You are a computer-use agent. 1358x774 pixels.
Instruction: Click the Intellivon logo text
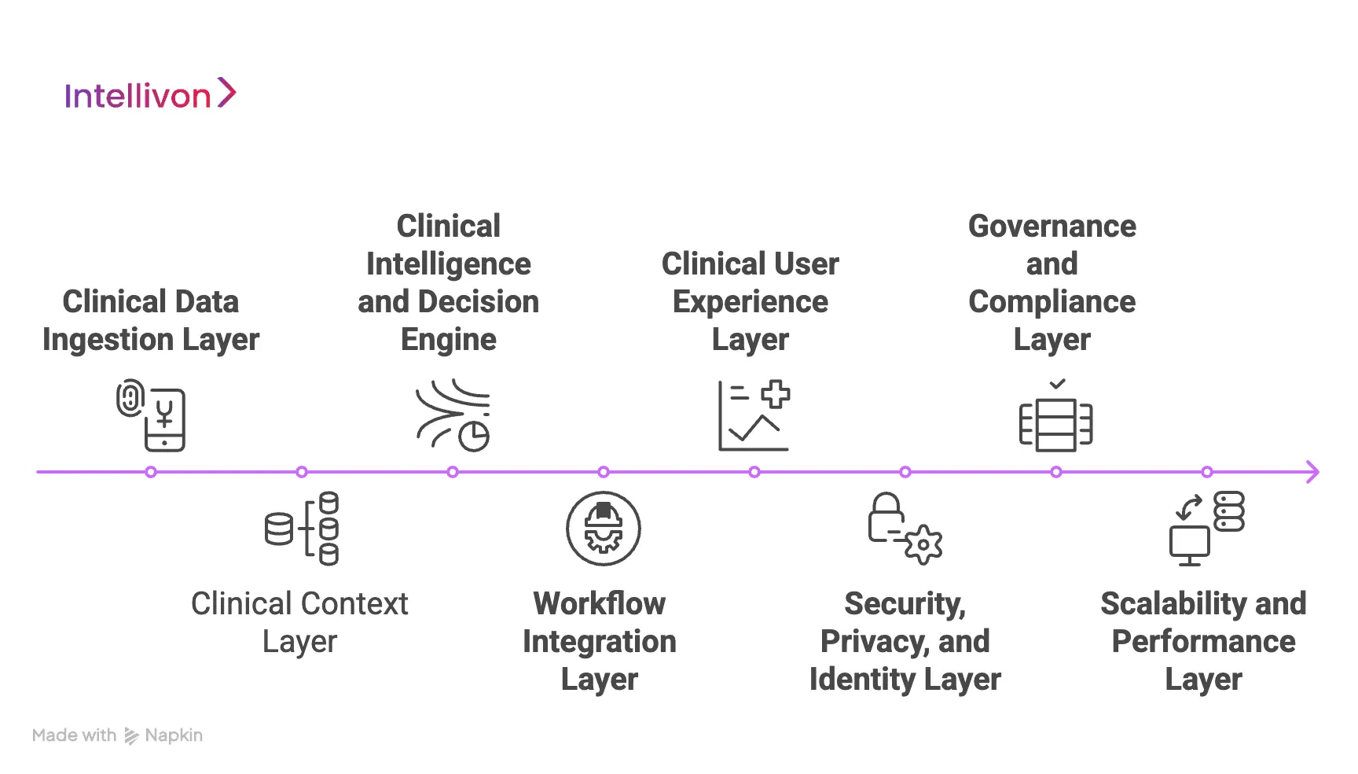coord(138,96)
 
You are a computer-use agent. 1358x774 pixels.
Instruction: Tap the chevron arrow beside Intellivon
coord(226,92)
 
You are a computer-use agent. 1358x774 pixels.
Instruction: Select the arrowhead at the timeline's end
coord(1312,472)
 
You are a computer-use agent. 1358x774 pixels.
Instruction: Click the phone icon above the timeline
coord(164,420)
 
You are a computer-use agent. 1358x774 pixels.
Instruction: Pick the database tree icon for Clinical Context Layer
coord(302,529)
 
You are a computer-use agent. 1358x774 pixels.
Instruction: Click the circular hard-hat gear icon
coord(603,529)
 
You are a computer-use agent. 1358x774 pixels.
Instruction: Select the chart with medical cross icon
coord(754,415)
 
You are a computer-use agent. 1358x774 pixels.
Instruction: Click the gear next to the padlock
coord(923,544)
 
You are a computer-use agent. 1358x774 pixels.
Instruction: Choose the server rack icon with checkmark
coord(1055,420)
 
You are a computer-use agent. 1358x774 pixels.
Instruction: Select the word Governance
coord(1052,227)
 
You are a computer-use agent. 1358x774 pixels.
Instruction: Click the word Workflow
coord(599,604)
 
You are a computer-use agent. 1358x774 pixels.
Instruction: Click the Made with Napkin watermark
coord(118,735)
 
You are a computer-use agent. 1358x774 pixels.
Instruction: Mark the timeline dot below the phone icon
coord(151,472)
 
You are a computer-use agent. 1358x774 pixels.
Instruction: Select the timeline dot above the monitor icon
coord(1206,472)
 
